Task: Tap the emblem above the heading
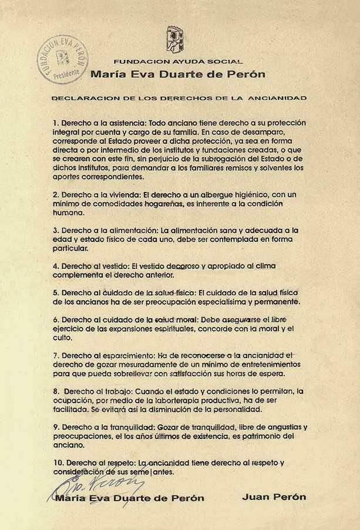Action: tap(174, 39)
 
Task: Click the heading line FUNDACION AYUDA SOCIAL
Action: tap(178, 61)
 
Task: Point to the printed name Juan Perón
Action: tap(274, 497)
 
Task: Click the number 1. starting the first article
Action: tap(56, 123)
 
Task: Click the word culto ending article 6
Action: tap(63, 338)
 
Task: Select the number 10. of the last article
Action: tap(58, 463)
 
